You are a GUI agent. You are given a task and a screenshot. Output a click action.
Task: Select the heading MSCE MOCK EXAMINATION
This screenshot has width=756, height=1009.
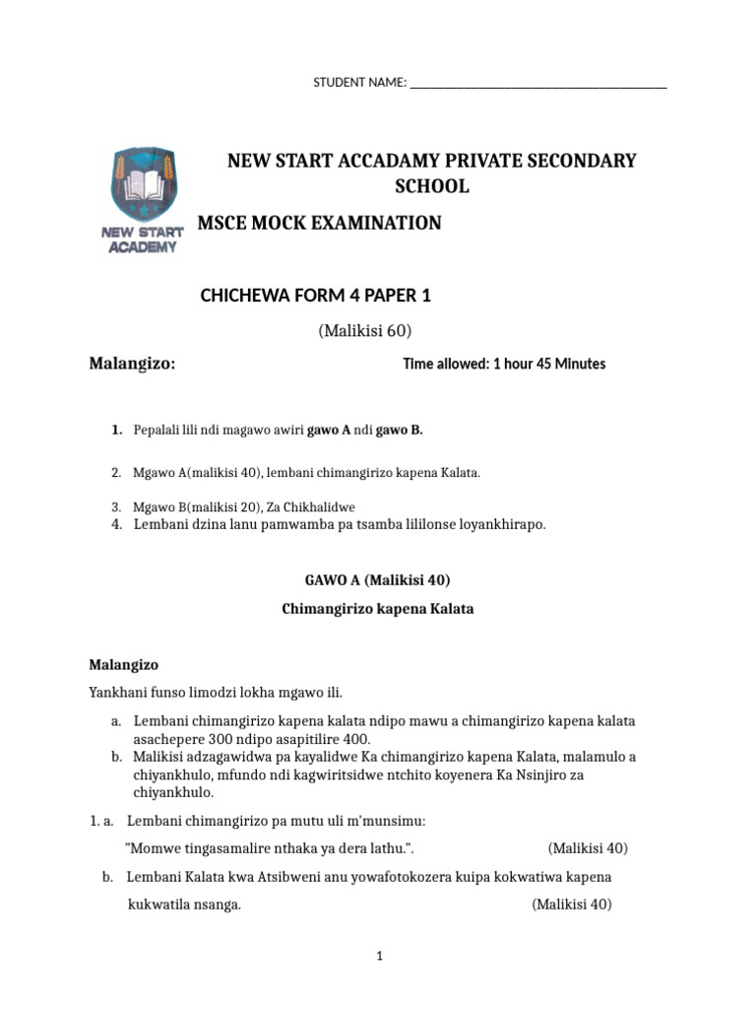pyautogui.click(x=320, y=224)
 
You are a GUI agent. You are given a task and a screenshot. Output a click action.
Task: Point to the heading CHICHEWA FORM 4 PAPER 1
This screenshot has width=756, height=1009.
pyautogui.click(x=316, y=295)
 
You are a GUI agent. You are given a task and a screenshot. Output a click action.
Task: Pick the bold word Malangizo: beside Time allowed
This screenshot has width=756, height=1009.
pyautogui.click(x=133, y=364)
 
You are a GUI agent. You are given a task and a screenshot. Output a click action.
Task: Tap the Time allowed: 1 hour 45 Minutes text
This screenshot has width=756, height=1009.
pyautogui.click(x=504, y=364)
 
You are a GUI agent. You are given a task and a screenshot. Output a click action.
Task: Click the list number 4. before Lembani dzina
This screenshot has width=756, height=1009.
pyautogui.click(x=116, y=524)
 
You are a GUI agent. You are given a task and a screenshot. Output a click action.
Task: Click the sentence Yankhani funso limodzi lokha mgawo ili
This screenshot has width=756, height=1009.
pyautogui.click(x=216, y=692)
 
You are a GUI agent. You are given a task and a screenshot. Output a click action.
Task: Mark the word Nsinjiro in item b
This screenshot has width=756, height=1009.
pyautogui.click(x=587, y=775)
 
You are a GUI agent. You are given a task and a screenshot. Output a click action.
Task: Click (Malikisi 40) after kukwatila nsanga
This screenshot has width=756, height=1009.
pyautogui.click(x=572, y=905)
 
